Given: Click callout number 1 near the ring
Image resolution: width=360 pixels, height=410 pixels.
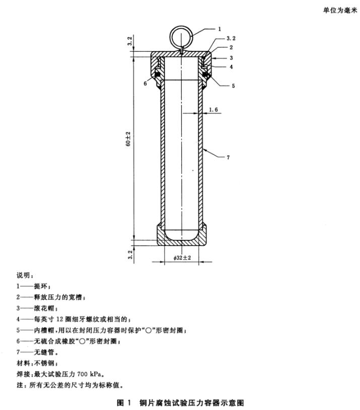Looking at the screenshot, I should (x=220, y=29).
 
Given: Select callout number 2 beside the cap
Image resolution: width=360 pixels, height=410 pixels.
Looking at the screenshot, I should (x=231, y=47).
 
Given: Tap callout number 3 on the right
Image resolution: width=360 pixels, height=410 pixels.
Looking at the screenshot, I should (x=231, y=58).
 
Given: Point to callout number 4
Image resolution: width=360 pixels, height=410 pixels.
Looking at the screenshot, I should (x=231, y=67).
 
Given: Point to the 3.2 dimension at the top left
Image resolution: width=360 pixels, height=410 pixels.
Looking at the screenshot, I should (x=130, y=41).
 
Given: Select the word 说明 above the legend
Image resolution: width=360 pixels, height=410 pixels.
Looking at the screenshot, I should (x=24, y=276).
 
